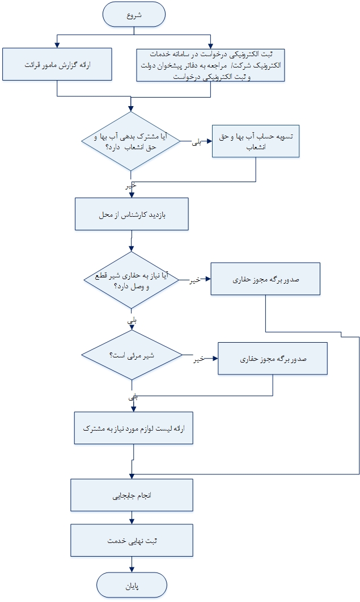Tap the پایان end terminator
(x=132, y=586)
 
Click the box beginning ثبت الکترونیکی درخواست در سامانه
(x=210, y=65)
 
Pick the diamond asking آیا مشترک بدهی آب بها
(x=132, y=141)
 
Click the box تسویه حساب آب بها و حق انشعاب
(x=256, y=141)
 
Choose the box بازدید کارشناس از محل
(x=132, y=214)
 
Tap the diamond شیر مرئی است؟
(x=132, y=356)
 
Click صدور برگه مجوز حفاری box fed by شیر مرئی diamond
(x=273, y=359)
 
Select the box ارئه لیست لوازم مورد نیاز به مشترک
(x=134, y=428)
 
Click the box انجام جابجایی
(x=132, y=495)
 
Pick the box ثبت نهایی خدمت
(x=132, y=540)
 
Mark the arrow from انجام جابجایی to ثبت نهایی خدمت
(x=132, y=517)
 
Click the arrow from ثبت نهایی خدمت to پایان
(x=132, y=563)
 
